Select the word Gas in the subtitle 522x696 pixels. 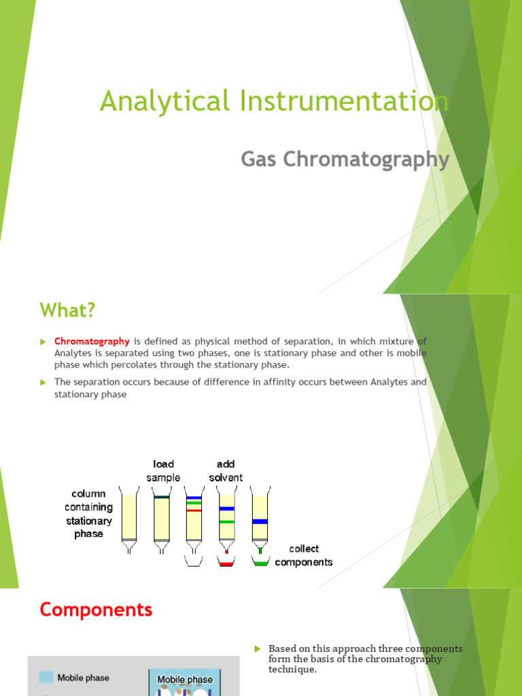click(x=260, y=160)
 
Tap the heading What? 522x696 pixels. click(x=68, y=311)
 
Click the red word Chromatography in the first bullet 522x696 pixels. click(x=92, y=341)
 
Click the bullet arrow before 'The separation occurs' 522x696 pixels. click(x=43, y=383)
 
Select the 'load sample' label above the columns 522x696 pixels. click(x=164, y=470)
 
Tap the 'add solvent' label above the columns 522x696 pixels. click(x=226, y=470)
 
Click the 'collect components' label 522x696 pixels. click(x=304, y=555)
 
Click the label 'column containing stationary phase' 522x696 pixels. click(x=89, y=514)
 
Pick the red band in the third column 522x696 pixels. click(x=194, y=510)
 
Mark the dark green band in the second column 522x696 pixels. click(x=161, y=498)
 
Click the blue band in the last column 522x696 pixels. click(x=260, y=521)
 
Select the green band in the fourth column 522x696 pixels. click(x=226, y=522)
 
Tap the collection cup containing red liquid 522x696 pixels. click(x=226, y=563)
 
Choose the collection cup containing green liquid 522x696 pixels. click(x=260, y=563)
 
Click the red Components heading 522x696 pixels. click(x=96, y=610)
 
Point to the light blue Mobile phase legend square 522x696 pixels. click(x=46, y=677)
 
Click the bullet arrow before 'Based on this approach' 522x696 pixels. click(x=258, y=649)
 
